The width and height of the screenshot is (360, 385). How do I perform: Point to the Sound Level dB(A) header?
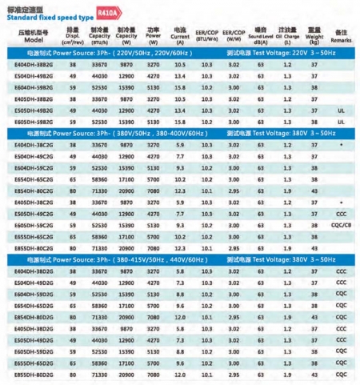[x=258, y=35]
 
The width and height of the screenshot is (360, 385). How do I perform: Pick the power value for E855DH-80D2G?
[x=154, y=374]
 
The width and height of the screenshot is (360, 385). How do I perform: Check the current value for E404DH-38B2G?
[x=179, y=64]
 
